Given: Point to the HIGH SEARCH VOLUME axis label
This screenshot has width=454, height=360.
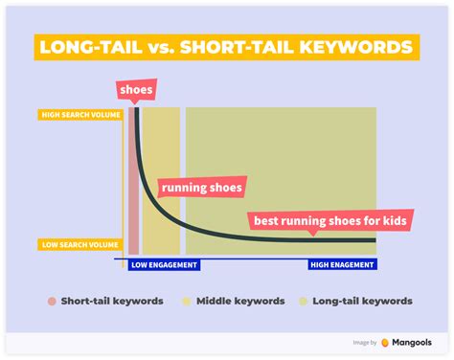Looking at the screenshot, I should point(81,116).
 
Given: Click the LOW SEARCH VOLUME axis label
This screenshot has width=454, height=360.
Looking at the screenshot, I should point(81,244).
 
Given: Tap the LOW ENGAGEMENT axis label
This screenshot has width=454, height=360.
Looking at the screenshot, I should point(164,264).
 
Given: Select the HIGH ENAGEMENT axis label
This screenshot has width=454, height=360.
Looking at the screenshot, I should point(342,264).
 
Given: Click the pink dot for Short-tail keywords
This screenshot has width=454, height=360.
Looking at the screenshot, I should point(51,301).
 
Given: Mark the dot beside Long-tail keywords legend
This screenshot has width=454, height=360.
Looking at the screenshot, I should point(306,301).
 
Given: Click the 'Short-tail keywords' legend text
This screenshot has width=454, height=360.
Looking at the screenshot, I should point(112,301).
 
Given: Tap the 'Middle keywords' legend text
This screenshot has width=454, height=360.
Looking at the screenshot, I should point(240,301).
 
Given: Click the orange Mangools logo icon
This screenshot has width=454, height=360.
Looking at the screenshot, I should point(385,342).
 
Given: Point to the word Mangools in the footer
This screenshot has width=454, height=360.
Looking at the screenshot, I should point(414,342).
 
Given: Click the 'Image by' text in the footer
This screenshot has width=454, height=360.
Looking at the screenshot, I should point(364,342).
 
